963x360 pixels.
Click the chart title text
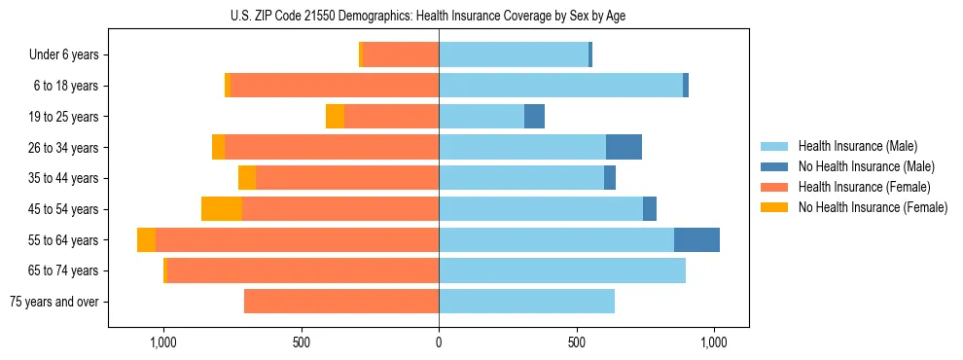click(x=439, y=16)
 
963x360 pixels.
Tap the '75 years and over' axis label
click(x=53, y=302)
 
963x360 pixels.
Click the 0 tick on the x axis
click(x=439, y=342)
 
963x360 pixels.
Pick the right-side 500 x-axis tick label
click(x=577, y=342)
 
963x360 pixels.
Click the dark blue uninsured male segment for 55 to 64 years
click(x=696, y=240)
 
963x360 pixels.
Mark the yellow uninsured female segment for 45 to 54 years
click(x=222, y=209)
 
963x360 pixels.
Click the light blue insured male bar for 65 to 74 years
click(x=562, y=270)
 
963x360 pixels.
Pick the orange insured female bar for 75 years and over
click(x=341, y=302)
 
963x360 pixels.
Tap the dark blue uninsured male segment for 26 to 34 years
click(x=624, y=148)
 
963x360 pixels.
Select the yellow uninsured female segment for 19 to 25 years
click(x=335, y=117)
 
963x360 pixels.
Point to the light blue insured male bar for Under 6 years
click(x=514, y=55)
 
